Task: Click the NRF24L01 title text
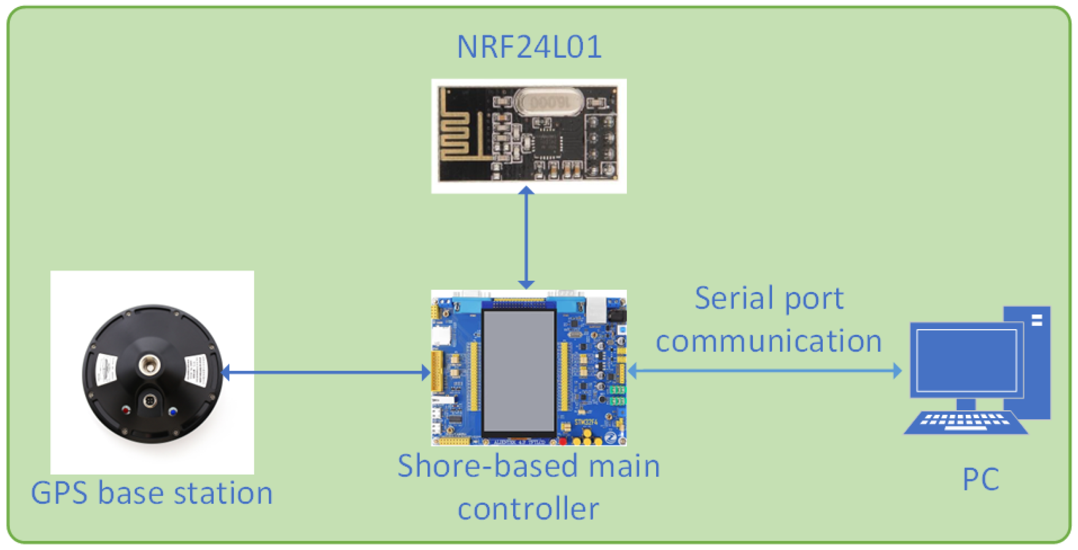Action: (529, 47)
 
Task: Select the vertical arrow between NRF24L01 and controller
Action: (526, 238)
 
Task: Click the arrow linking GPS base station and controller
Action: (326, 372)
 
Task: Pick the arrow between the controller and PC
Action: (764, 371)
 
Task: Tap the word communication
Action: (768, 341)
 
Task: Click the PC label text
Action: (980, 479)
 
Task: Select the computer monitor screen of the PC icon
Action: (966, 360)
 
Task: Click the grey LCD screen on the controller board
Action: (519, 371)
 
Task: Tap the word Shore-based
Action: (488, 466)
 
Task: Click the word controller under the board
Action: (528, 509)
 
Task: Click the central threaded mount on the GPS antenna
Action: (150, 364)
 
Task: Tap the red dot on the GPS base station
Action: (126, 410)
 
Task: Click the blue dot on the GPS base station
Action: (173, 412)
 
